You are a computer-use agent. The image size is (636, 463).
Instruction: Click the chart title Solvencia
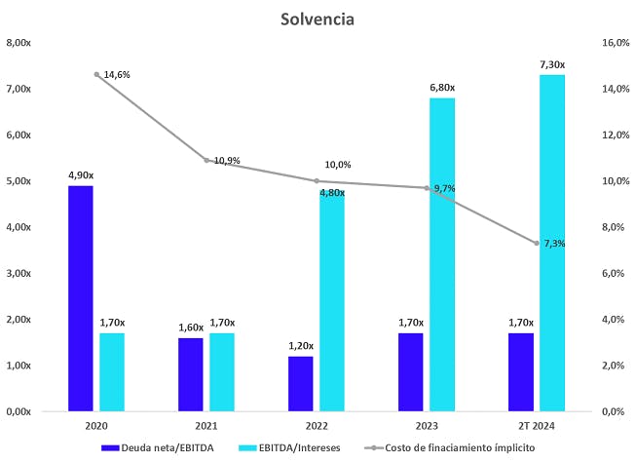point(317,19)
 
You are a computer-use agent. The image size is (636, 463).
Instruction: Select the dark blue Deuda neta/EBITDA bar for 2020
point(80,298)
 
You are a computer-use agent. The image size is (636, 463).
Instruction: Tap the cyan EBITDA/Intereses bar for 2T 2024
point(552,243)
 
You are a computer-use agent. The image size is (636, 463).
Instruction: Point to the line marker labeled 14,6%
point(97,74)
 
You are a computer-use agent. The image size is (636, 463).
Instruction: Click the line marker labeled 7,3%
point(536,243)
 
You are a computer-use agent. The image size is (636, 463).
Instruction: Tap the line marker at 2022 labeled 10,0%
point(317,180)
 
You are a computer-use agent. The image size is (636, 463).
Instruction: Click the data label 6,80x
point(441,88)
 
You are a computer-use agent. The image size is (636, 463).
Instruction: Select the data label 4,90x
point(80,175)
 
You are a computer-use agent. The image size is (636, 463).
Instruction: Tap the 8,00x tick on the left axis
point(19,43)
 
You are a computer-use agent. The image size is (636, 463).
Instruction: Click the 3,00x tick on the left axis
point(19,273)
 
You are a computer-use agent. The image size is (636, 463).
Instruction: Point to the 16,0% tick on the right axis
point(617,43)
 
